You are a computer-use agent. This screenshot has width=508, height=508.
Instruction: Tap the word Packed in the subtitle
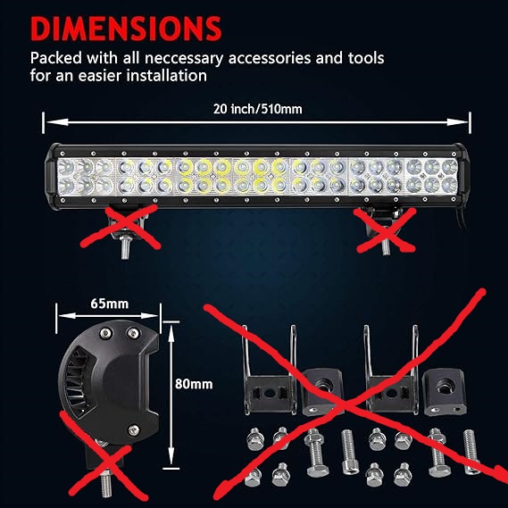(54, 58)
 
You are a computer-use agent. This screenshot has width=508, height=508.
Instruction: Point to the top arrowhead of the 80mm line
(169, 329)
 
